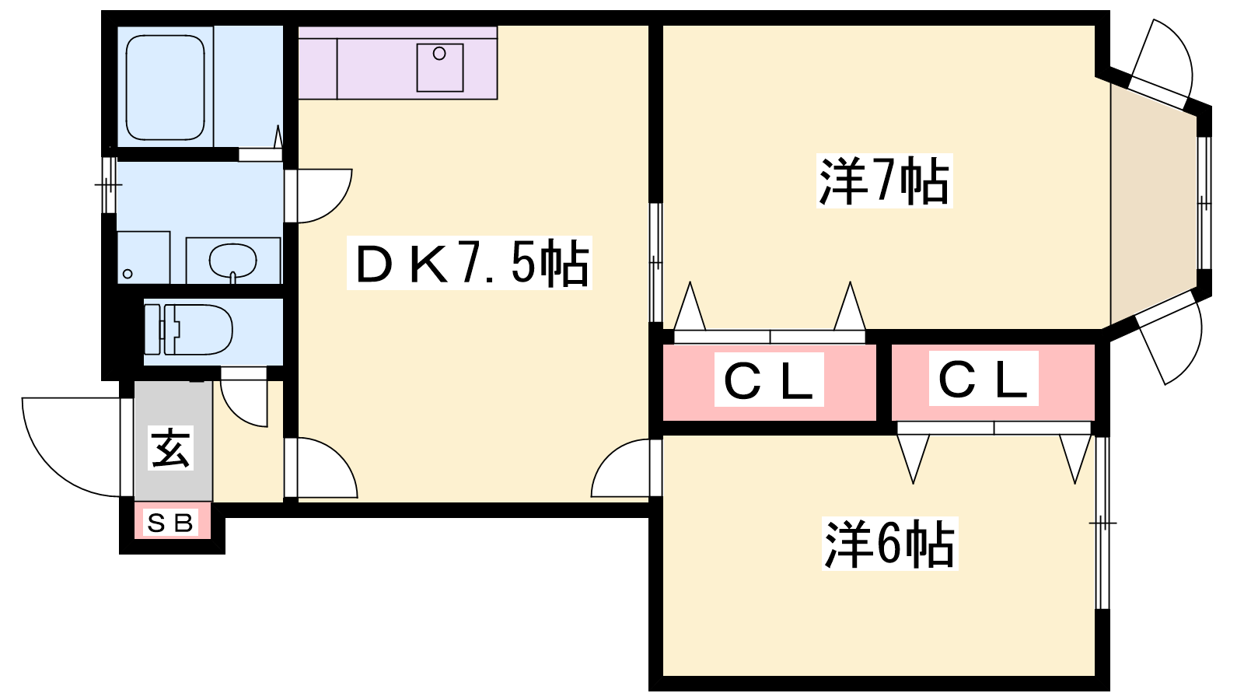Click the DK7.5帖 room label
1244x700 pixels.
click(x=470, y=264)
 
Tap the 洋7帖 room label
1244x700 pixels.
click(x=884, y=181)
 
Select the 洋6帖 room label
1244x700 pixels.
click(x=889, y=544)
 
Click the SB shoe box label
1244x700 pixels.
click(x=171, y=523)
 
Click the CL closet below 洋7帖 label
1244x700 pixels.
click(x=769, y=381)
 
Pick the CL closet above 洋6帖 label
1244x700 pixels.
click(x=984, y=379)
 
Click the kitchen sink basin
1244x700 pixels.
click(x=439, y=67)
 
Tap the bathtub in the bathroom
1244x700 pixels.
click(x=165, y=87)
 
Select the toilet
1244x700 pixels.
click(x=190, y=329)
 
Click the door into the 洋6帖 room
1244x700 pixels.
click(x=622, y=471)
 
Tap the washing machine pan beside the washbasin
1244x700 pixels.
click(x=144, y=257)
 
